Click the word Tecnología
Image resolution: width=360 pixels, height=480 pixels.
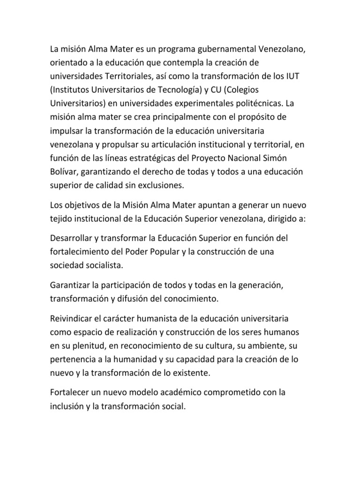click(182, 90)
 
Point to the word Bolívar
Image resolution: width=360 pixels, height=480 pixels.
click(63, 171)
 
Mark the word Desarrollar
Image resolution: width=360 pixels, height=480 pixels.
click(73, 238)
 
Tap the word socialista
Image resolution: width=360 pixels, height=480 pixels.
click(105, 265)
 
